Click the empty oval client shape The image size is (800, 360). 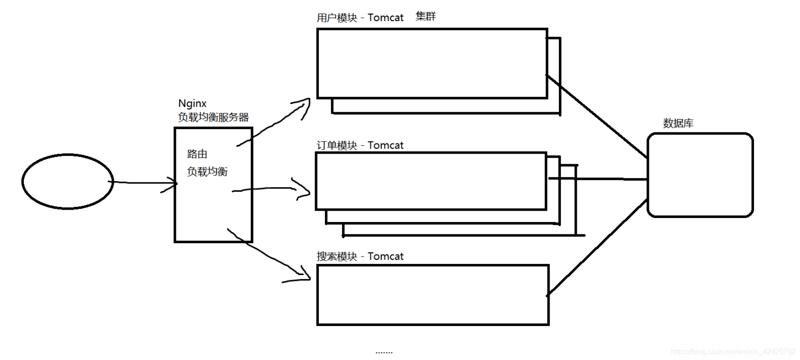[68, 182]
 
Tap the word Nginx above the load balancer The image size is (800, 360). [192, 103]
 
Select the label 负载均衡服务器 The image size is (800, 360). [213, 117]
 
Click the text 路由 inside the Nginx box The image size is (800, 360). [197, 154]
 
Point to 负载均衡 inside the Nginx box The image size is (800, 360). [207, 171]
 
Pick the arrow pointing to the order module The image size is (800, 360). [271, 188]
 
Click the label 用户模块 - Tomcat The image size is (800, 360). [360, 18]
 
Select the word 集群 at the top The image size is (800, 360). [426, 17]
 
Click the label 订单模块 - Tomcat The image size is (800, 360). [360, 145]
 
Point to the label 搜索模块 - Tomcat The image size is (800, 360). [360, 257]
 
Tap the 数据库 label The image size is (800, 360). [678, 123]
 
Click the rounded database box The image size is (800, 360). [700, 175]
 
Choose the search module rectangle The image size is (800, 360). [433, 295]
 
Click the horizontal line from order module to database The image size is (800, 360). [611, 179]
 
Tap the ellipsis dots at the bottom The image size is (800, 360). [384, 353]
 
